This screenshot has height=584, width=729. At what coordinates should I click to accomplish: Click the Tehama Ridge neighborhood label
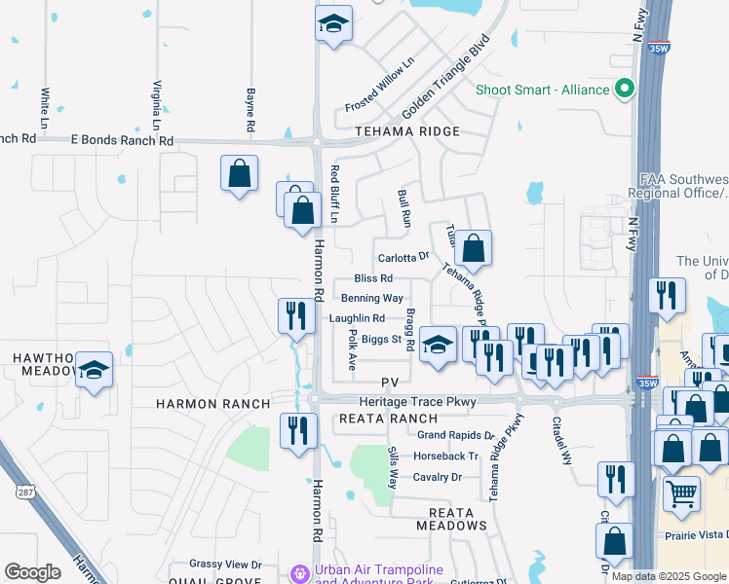407,130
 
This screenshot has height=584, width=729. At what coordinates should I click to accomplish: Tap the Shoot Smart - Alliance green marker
623,90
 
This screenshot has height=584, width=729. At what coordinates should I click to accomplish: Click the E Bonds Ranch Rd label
122,140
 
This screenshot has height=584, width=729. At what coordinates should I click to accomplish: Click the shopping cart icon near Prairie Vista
681,492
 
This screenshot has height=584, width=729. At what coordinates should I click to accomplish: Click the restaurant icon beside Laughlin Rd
295,314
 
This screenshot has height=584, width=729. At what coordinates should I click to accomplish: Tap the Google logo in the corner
32,572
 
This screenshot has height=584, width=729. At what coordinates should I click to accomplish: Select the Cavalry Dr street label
436,477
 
